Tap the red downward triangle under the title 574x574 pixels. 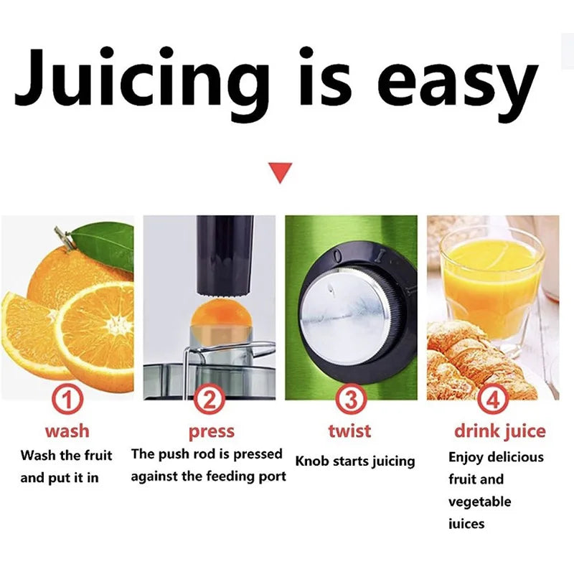coord(281,173)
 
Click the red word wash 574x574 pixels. coord(67,430)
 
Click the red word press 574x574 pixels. coord(211,431)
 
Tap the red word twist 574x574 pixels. coord(349,430)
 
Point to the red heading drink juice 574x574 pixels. coord(499,431)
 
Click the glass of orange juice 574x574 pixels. coord(491,283)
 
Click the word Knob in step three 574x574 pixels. coord(313,461)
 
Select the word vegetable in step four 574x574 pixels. coord(479,501)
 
